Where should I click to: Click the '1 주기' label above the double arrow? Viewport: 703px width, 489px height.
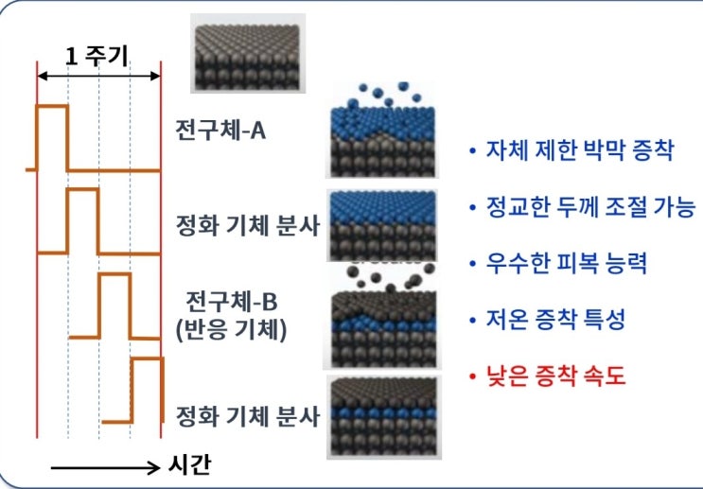(x=97, y=57)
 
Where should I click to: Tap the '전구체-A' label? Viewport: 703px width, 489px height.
(x=220, y=131)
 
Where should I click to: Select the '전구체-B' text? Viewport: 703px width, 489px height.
(x=232, y=302)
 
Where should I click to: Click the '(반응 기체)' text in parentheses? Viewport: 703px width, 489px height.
(x=232, y=330)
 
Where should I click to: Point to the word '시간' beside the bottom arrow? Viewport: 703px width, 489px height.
(x=189, y=464)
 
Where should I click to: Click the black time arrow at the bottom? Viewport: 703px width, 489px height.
(x=105, y=468)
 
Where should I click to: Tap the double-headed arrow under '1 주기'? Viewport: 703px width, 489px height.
(x=98, y=76)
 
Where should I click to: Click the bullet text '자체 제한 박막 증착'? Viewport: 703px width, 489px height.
(x=580, y=150)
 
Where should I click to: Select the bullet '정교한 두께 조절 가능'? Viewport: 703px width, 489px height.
(x=590, y=207)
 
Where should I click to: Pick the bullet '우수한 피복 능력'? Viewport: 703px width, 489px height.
(x=567, y=263)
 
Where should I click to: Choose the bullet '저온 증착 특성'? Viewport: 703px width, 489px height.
(x=555, y=320)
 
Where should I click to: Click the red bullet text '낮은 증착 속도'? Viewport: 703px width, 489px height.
(x=555, y=375)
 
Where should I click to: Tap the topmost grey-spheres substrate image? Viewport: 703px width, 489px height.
(x=248, y=53)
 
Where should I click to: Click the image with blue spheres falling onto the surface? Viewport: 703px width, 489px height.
(x=382, y=130)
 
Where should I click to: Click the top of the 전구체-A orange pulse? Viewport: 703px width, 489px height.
(x=53, y=106)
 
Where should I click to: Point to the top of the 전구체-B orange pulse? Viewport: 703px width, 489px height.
(x=114, y=274)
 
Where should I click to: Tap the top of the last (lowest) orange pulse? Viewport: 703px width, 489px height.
(x=147, y=358)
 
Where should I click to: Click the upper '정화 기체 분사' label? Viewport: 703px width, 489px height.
(x=248, y=225)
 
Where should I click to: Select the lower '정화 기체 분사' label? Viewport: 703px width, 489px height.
(x=248, y=416)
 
